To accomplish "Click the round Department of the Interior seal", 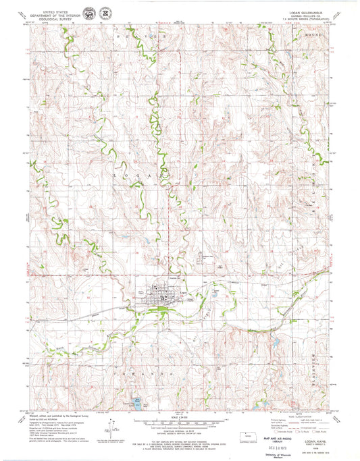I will point(89,13).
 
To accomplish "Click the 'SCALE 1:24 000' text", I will point(178,416).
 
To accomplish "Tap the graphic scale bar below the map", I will point(178,423).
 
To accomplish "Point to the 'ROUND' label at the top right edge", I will point(314,33).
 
